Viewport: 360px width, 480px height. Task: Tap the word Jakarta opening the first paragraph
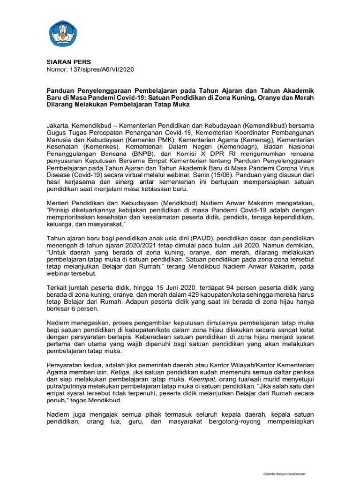58,126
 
